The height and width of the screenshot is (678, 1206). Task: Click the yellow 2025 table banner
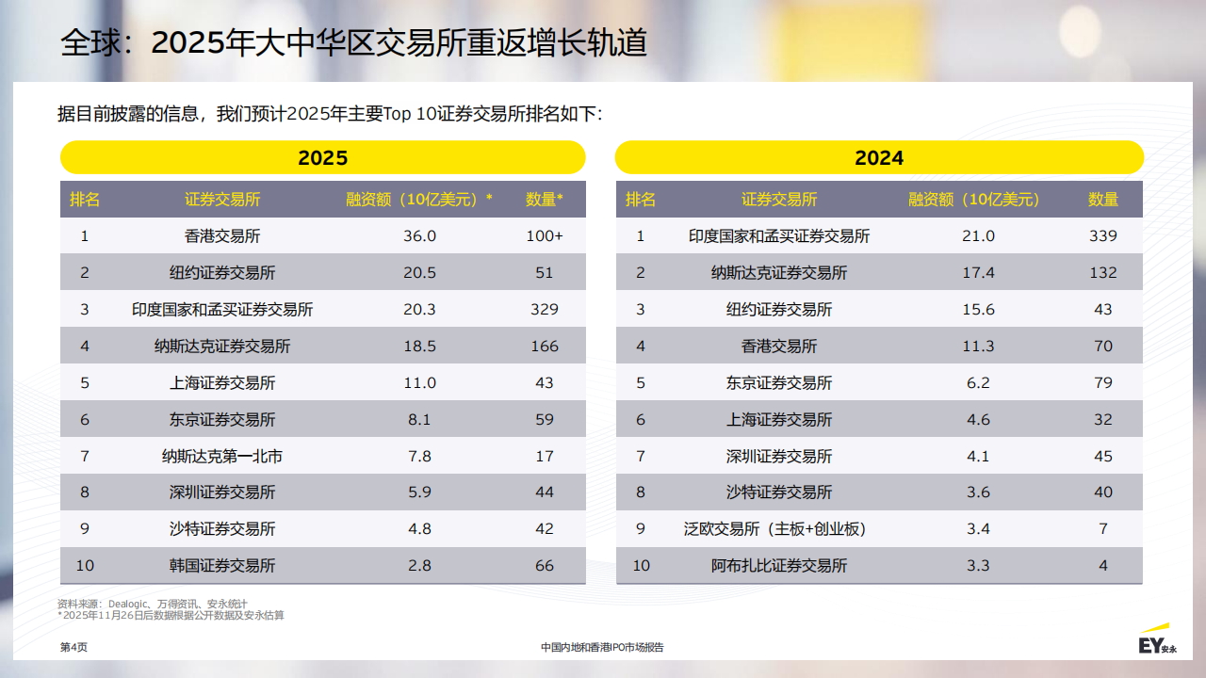(322, 157)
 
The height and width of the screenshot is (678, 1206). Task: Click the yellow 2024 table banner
(878, 157)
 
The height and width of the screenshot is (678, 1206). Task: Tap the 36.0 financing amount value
(419, 235)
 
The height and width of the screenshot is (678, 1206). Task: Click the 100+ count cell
(544, 235)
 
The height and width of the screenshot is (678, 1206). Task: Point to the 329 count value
(544, 309)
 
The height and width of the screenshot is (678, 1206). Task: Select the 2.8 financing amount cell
(419, 566)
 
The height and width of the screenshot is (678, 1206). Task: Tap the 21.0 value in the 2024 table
(977, 235)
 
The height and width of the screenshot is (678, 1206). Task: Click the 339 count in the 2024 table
(1102, 235)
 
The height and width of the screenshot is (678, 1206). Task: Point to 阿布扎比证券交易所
(778, 566)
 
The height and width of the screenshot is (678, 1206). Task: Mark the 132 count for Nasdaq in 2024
(1102, 273)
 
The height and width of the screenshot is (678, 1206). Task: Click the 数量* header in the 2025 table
(544, 200)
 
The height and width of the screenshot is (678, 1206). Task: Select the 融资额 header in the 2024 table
(973, 200)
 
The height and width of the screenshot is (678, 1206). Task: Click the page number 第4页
(73, 648)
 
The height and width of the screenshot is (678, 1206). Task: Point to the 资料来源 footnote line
(153, 604)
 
